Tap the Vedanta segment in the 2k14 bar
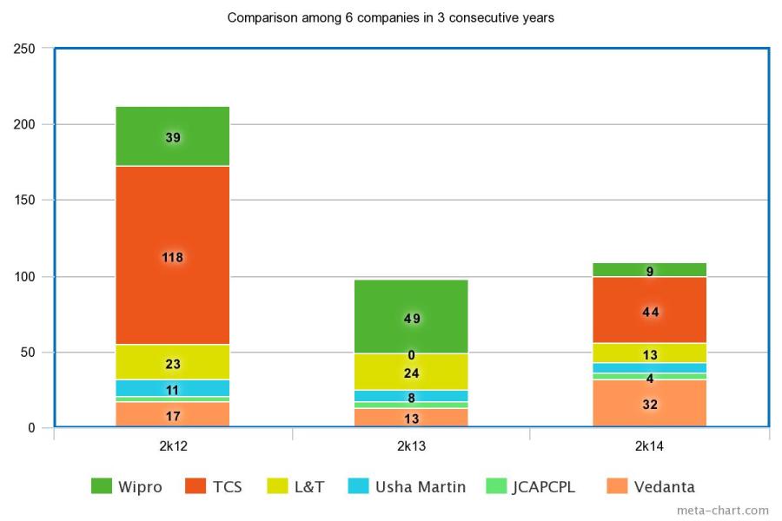[650, 404]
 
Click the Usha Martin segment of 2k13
[411, 396]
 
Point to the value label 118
[172, 257]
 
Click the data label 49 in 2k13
[411, 319]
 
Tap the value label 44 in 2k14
[650, 312]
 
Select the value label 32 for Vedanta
[650, 404]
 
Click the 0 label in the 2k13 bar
[411, 355]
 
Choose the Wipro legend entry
[126, 487]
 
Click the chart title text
[391, 17]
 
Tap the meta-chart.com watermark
[722, 511]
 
